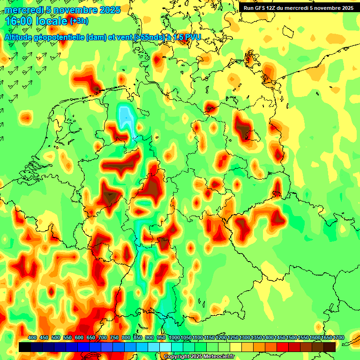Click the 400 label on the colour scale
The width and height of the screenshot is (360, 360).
[32, 337]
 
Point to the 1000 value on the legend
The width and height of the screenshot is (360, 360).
[174, 337]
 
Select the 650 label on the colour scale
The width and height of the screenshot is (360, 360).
[91, 337]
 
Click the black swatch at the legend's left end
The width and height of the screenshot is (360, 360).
[25, 347]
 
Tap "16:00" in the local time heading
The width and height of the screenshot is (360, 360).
[19, 22]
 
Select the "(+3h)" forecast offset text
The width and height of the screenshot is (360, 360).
[79, 21]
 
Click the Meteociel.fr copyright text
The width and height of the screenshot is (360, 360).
[199, 356]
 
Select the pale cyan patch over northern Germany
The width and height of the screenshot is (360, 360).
[125, 116]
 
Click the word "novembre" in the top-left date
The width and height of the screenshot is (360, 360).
[74, 10]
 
